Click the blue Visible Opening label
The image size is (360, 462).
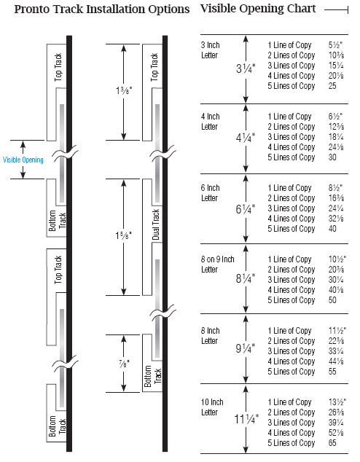coord(23,160)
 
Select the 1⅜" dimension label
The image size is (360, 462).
coord(123,90)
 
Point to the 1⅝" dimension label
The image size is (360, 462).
coord(123,235)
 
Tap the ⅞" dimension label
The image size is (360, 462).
coord(124,364)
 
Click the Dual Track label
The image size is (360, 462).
coord(156,224)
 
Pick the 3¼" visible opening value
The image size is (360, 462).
coord(246,68)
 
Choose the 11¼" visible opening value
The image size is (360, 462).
coord(246,419)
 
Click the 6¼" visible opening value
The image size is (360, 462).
coord(245,209)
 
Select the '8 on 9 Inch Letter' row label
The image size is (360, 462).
coord(218,265)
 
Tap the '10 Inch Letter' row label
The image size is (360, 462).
coord(212,407)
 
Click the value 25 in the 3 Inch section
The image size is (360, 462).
coord(332,86)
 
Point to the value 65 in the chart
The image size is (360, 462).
coord(332,443)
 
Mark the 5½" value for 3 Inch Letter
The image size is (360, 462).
coord(335,44)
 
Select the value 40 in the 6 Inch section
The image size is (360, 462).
coord(332,229)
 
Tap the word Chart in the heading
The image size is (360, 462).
coord(302,9)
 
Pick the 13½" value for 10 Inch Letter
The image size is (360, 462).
coord(337,402)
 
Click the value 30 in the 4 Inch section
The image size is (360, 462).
coord(332,157)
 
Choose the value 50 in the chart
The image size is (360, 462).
coord(332,300)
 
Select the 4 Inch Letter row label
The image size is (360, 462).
coord(211,122)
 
